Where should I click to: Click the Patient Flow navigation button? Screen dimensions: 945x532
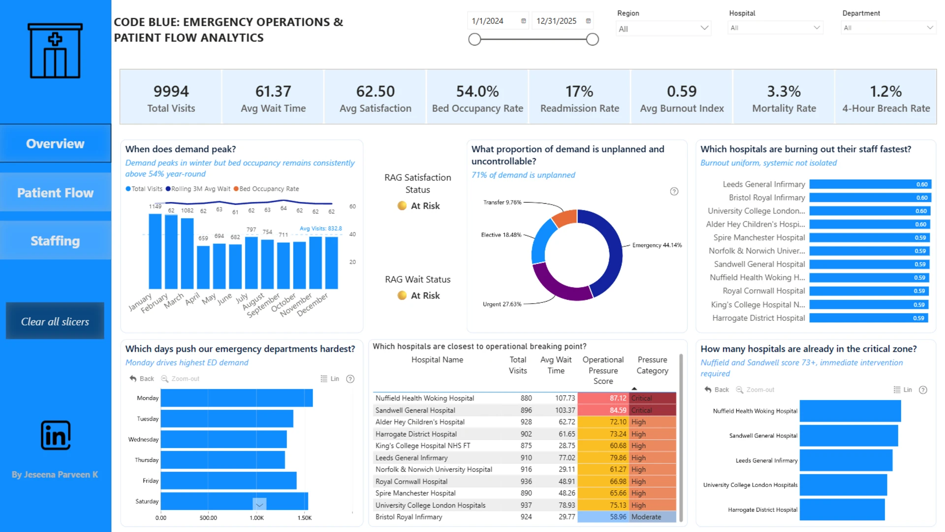55,193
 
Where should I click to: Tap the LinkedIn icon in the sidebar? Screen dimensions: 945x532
56,435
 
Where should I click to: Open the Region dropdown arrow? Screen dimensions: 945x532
704,28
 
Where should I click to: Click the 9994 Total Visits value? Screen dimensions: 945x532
171,91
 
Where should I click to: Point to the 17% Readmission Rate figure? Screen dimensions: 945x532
579,91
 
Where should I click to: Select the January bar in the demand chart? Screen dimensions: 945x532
155,251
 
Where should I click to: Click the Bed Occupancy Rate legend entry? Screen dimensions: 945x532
266,189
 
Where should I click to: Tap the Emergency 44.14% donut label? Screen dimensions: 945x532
657,245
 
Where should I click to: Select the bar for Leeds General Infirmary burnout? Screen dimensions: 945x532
870,184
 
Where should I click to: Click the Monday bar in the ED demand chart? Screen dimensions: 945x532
237,398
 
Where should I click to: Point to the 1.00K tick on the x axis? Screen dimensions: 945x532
256,518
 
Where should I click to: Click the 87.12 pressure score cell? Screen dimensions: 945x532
603,398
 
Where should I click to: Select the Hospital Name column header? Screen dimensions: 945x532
437,360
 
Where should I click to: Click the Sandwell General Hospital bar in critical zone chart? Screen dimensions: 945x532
849,435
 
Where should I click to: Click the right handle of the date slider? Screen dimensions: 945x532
593,39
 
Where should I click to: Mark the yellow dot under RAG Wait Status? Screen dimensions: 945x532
402,296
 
